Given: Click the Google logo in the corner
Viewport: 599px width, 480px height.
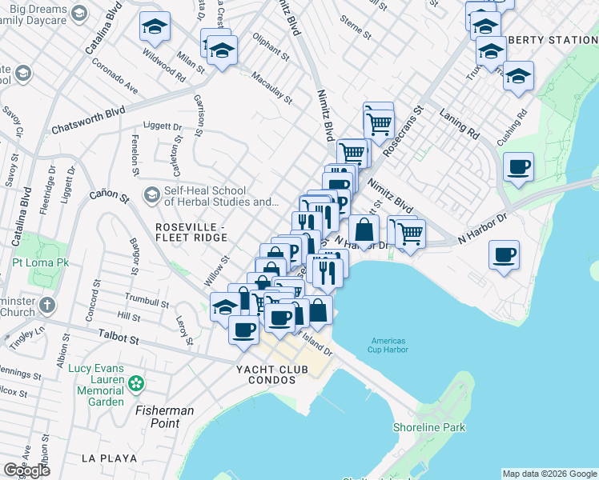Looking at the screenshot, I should click(26, 470).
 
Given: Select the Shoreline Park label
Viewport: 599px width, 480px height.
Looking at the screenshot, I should click(429, 427).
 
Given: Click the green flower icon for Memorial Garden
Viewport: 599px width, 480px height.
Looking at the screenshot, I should click(136, 385).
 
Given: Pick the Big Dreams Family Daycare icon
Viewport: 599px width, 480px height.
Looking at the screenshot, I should click(78, 13).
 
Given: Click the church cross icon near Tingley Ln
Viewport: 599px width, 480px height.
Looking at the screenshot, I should click(47, 305).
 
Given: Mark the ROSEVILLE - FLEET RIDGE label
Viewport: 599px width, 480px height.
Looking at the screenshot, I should click(191, 232).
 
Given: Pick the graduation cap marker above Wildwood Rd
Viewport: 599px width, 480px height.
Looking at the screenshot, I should click(155, 27).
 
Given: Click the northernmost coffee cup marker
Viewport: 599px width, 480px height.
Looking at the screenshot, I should click(519, 167).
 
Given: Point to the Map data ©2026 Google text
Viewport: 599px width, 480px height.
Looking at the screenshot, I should click(549, 473).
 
